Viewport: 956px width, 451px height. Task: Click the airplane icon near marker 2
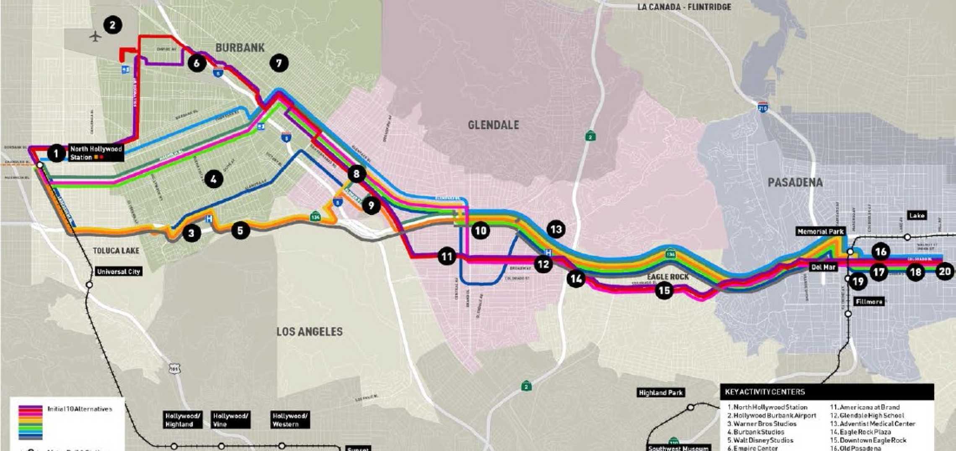[x=96, y=36]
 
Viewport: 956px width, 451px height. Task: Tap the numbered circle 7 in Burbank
[x=279, y=63]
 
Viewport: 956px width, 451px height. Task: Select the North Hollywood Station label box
[x=96, y=153]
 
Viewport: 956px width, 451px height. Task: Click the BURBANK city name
[x=240, y=48]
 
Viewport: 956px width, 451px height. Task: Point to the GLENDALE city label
[x=493, y=125]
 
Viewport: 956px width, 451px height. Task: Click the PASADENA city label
[x=795, y=182]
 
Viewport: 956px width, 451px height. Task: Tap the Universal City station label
[x=119, y=272]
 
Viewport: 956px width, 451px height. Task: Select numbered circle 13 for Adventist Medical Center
[x=556, y=229]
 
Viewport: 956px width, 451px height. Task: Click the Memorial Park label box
[x=820, y=231]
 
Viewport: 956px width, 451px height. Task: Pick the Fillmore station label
[x=869, y=301]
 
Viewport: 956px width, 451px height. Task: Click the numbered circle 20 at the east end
[x=945, y=272]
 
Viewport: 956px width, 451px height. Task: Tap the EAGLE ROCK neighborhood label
[x=668, y=277]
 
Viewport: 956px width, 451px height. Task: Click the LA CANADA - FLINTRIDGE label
[x=684, y=7]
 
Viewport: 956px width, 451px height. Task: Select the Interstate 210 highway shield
[x=762, y=108]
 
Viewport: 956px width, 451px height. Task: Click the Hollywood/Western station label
[x=290, y=420]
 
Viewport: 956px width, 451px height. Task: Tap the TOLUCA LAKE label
[x=116, y=251]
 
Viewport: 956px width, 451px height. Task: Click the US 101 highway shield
[x=174, y=369]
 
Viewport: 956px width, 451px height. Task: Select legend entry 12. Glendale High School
[x=867, y=415]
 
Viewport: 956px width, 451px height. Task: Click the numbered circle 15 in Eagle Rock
[x=664, y=290]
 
